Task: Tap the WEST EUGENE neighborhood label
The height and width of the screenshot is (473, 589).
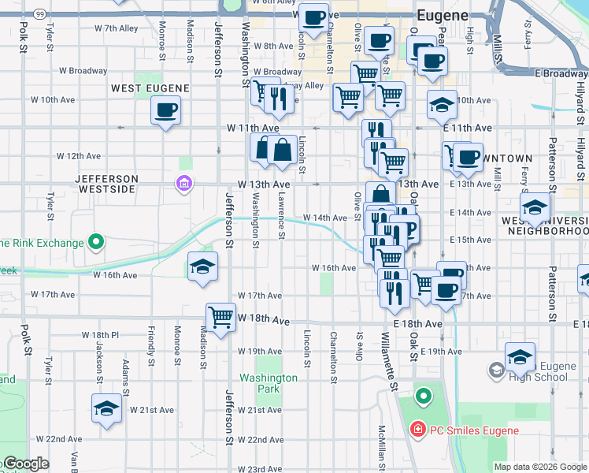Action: [150, 88]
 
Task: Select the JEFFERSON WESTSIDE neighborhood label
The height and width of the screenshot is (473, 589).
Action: [106, 184]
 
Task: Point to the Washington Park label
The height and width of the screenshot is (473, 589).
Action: [269, 383]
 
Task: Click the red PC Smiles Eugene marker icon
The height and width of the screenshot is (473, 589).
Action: [417, 430]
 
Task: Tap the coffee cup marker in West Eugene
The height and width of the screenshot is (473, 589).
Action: [165, 110]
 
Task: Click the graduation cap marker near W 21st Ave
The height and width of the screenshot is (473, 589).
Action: [106, 409]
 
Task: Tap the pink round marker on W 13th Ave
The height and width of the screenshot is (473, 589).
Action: [183, 184]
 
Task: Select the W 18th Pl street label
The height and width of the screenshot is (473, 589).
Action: [100, 335]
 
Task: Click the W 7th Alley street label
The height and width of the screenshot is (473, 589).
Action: [116, 28]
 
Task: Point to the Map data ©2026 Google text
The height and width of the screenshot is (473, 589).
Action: [539, 467]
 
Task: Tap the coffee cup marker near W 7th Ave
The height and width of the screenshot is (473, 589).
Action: [313, 17]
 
